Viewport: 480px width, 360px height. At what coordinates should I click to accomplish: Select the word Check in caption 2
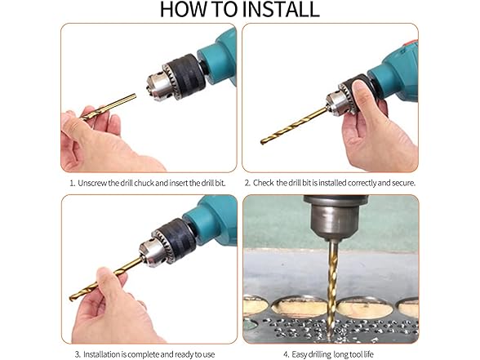coord(263,183)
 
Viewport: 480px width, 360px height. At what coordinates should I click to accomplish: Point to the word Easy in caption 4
coord(299,354)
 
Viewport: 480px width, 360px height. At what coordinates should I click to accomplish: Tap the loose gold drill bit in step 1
coord(108,107)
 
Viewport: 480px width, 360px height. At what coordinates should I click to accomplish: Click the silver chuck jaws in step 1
coord(159,86)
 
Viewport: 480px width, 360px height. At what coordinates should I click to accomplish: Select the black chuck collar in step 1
coord(185,76)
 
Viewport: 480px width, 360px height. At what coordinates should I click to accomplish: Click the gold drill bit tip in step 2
coord(262,142)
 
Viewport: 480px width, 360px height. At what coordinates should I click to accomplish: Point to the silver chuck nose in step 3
coord(152,252)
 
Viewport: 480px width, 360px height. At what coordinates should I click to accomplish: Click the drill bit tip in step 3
coord(72,298)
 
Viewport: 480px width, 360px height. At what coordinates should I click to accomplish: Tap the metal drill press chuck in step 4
coord(336,217)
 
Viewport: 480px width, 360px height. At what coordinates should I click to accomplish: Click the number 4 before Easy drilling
coord(286,354)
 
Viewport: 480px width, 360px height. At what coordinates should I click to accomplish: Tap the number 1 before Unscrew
coord(72,183)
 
